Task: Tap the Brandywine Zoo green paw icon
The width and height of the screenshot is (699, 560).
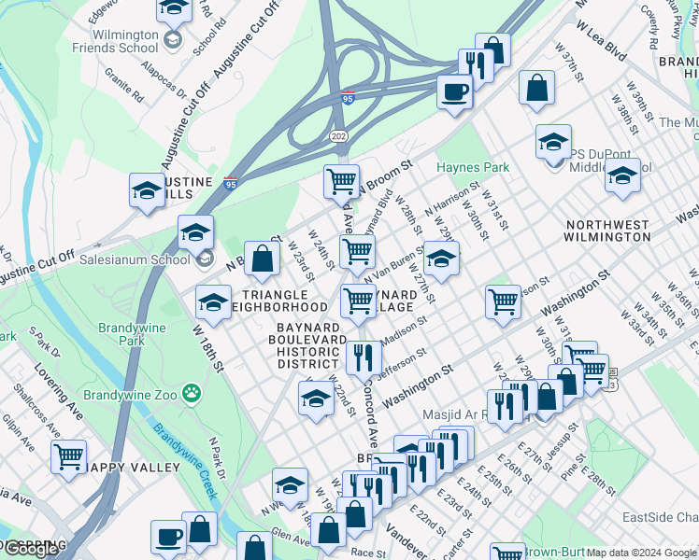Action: point(193,393)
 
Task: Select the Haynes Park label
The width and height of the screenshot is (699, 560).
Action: point(473,167)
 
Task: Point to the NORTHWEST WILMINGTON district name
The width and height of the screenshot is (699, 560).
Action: point(607,231)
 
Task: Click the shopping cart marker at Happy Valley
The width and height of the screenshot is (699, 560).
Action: point(68,457)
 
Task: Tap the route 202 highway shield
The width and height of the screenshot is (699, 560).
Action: point(338,136)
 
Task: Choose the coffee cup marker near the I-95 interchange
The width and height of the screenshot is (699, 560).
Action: point(455,91)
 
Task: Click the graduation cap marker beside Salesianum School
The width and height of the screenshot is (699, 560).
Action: point(195,231)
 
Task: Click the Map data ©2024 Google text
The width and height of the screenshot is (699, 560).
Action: point(641,553)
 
